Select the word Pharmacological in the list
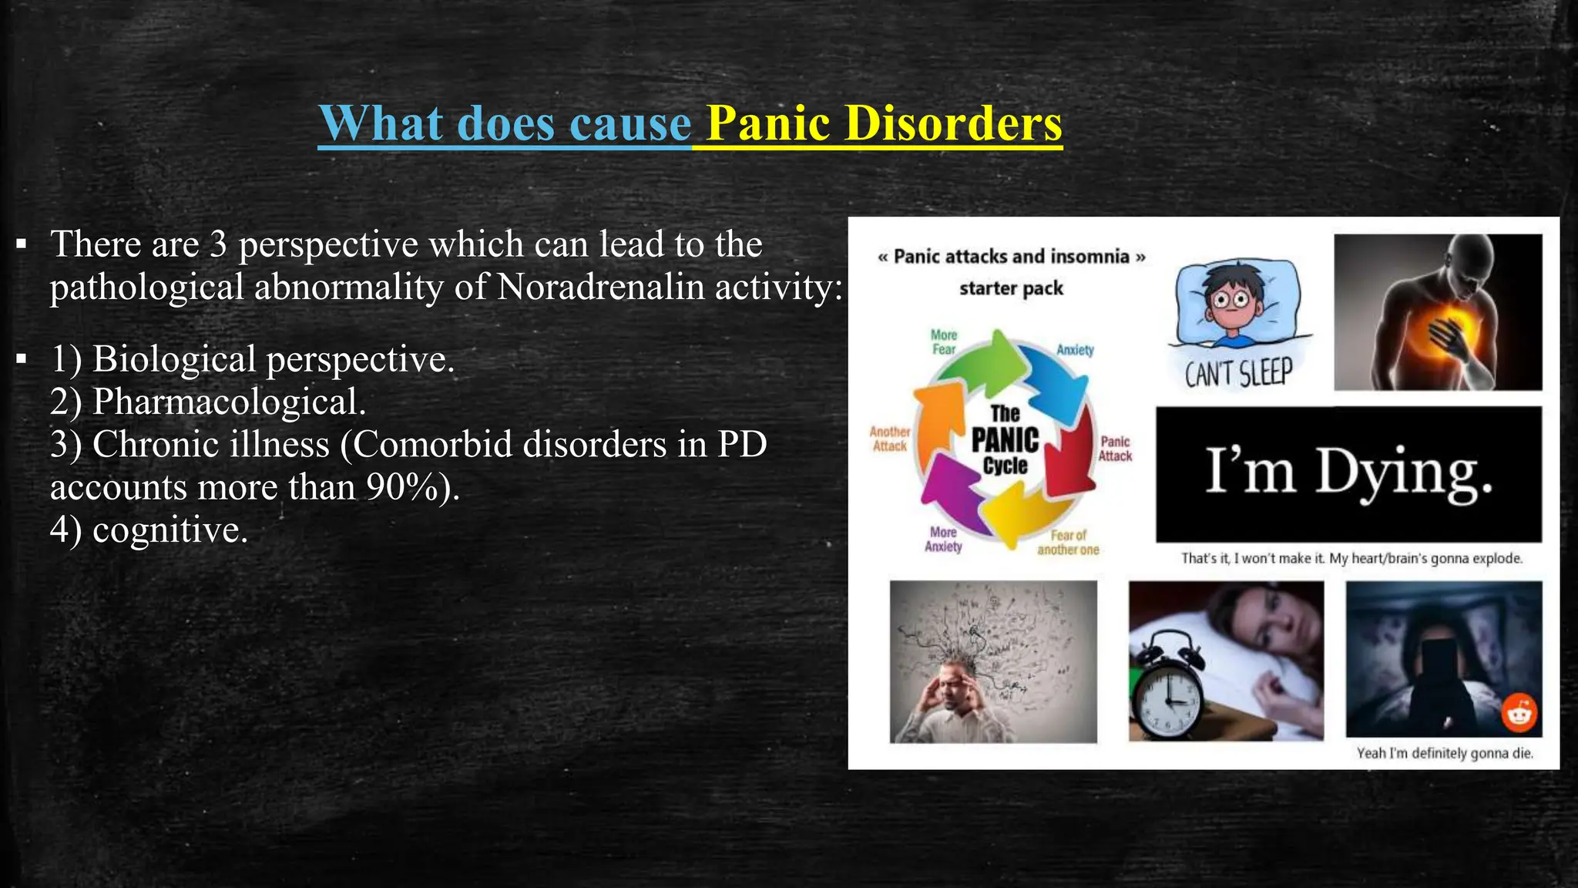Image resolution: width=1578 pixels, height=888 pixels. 229,402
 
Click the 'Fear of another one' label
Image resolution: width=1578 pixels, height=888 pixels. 1068,542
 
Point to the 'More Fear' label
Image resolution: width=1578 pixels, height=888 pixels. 944,341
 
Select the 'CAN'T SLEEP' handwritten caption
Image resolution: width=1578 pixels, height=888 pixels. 1238,374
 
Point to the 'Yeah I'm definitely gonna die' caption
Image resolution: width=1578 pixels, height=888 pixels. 1445,753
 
